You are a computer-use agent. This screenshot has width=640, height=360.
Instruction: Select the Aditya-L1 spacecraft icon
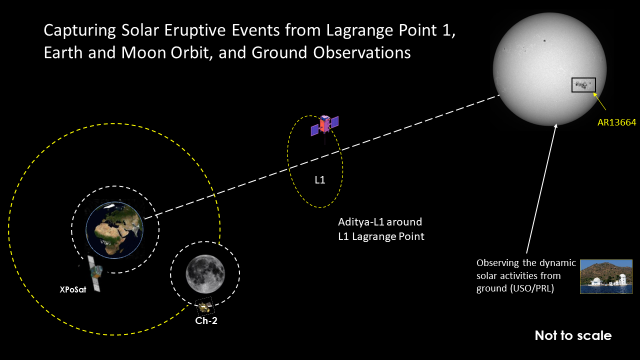point(324,126)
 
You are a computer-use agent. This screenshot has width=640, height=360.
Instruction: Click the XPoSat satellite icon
point(91,267)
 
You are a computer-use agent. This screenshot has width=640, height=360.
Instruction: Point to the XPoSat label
point(73,289)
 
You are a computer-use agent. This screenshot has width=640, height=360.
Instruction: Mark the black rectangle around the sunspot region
point(582,85)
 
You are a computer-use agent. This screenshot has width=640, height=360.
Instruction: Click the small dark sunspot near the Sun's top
point(545,42)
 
